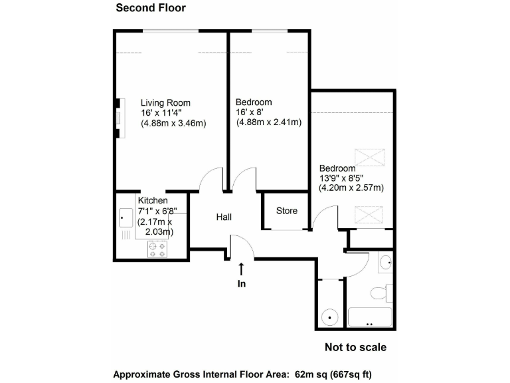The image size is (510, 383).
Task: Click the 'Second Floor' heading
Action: pos(151,8)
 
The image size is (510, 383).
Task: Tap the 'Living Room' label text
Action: pos(165,102)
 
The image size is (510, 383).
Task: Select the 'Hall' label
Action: pos(224,217)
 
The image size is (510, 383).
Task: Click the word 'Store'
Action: pos(287,211)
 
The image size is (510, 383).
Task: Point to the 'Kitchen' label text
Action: pos(153,200)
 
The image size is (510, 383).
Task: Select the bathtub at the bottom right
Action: pos(371,318)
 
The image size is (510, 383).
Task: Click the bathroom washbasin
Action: pos(386,263)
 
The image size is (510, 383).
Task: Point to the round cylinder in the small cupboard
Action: pos(330,318)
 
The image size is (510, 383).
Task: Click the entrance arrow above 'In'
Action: pos(241,269)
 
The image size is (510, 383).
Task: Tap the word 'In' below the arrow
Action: pos(241,283)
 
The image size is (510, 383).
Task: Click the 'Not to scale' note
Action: pos(355,347)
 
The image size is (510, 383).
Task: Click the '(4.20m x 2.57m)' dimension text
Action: pos(351,188)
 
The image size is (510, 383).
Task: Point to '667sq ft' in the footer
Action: pos(357,373)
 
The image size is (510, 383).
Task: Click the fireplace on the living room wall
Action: pos(118,118)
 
